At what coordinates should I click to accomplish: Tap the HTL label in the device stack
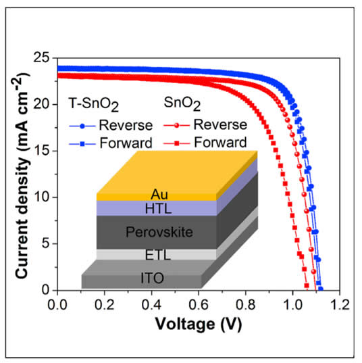[156, 208]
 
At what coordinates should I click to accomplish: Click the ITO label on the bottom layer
[156, 278]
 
